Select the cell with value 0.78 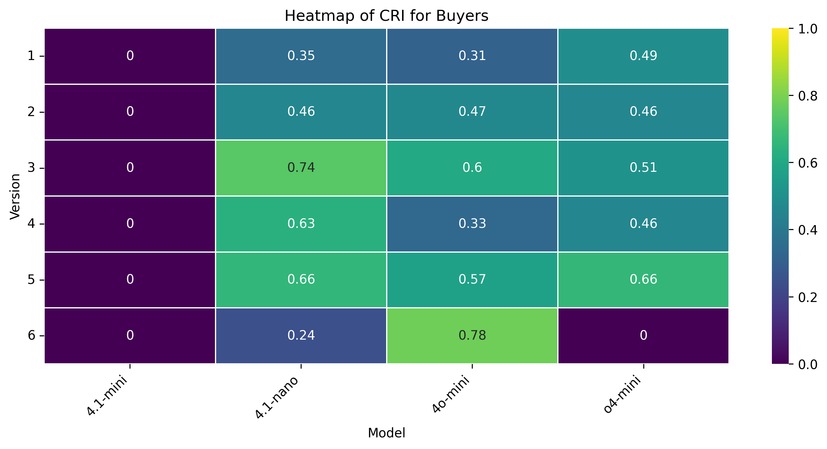tap(472, 336)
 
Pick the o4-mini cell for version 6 tap(643, 336)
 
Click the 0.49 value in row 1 tap(643, 56)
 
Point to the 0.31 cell tap(472, 56)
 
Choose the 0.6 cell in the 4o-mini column tap(472, 168)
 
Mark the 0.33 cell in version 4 tap(472, 224)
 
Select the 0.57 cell tap(472, 279)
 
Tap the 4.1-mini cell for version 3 tap(130, 168)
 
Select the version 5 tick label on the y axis tap(31, 280)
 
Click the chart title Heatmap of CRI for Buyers tap(386, 15)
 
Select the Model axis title tap(386, 433)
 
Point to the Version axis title tap(15, 196)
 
